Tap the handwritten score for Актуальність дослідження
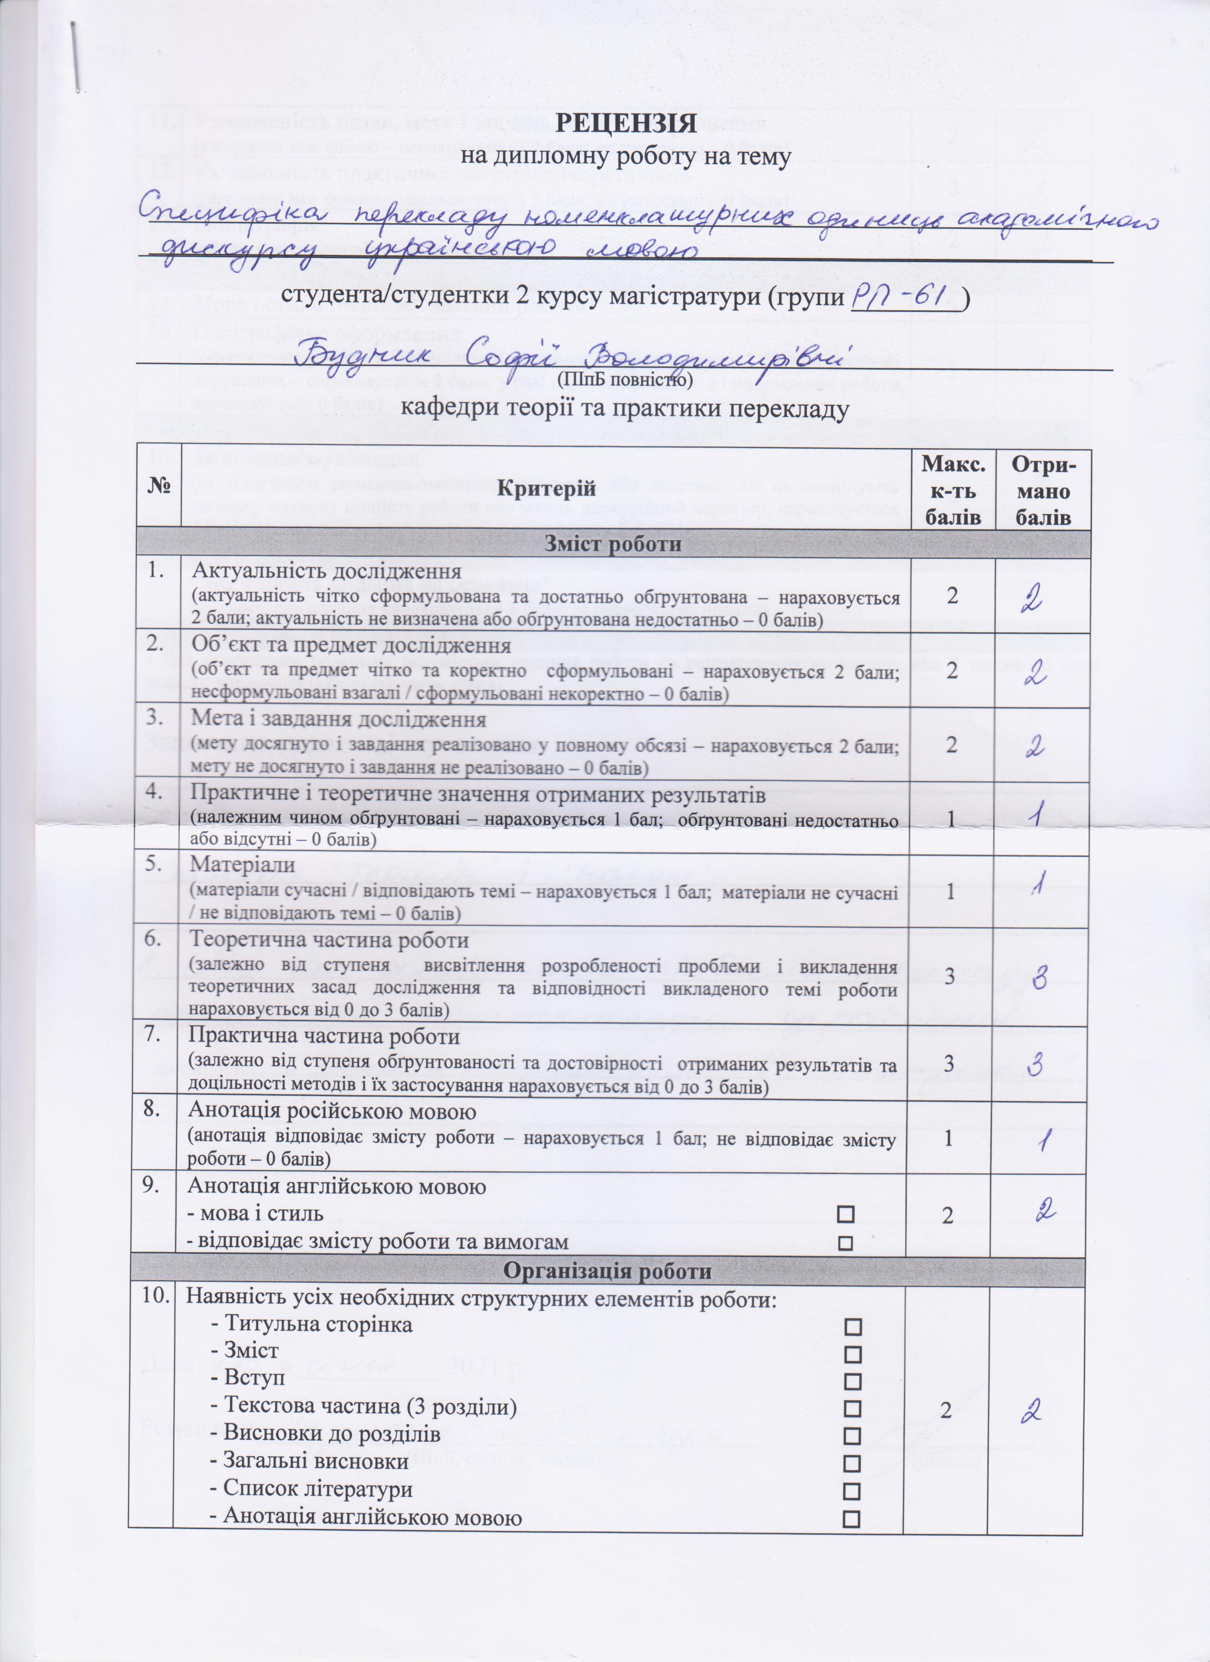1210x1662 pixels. tap(1034, 602)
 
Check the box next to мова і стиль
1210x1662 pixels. tap(846, 1214)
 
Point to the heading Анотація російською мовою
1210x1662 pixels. tap(333, 1112)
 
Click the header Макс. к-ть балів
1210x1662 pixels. tap(951, 489)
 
